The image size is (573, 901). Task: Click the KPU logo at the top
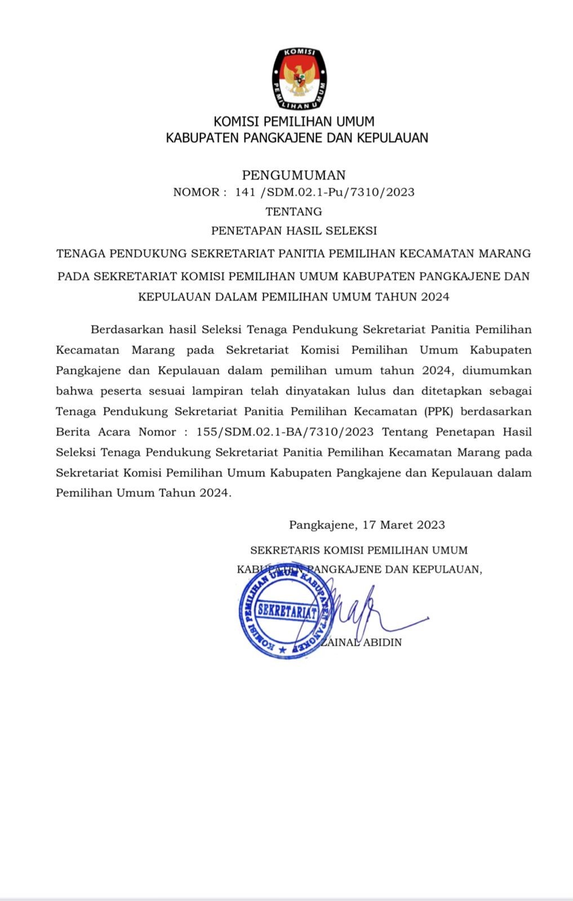click(299, 79)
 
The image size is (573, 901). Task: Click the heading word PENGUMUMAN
click(294, 175)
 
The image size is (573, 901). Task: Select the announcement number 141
click(246, 193)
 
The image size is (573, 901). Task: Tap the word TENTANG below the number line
click(294, 212)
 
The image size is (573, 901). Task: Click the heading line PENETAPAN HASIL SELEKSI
click(294, 231)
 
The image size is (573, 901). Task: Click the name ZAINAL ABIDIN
click(362, 643)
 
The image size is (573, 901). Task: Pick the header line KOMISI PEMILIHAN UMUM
click(294, 122)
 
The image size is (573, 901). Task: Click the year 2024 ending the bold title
click(434, 297)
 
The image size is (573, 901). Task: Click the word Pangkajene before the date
click(322, 525)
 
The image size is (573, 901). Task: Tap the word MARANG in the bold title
click(504, 253)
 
